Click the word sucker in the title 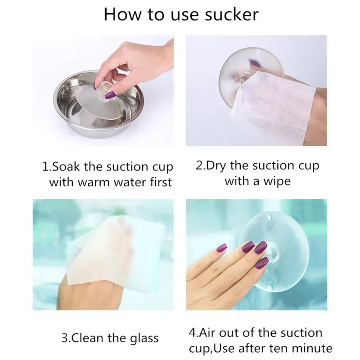[232, 14]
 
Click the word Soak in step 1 [66, 166]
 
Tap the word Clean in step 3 [88, 338]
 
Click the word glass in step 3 [144, 339]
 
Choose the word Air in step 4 [207, 333]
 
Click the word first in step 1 [161, 182]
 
